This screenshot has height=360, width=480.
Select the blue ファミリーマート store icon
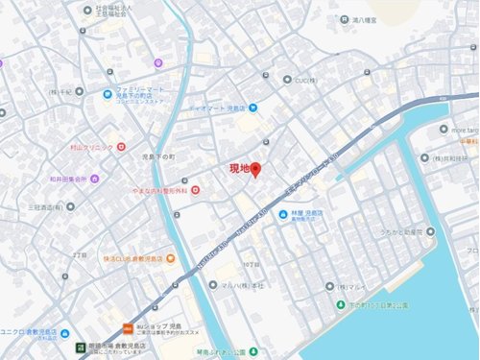(x=108, y=94)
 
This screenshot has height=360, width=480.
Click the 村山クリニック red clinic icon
(x=121, y=147)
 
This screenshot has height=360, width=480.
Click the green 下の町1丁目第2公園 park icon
(x=342, y=305)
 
